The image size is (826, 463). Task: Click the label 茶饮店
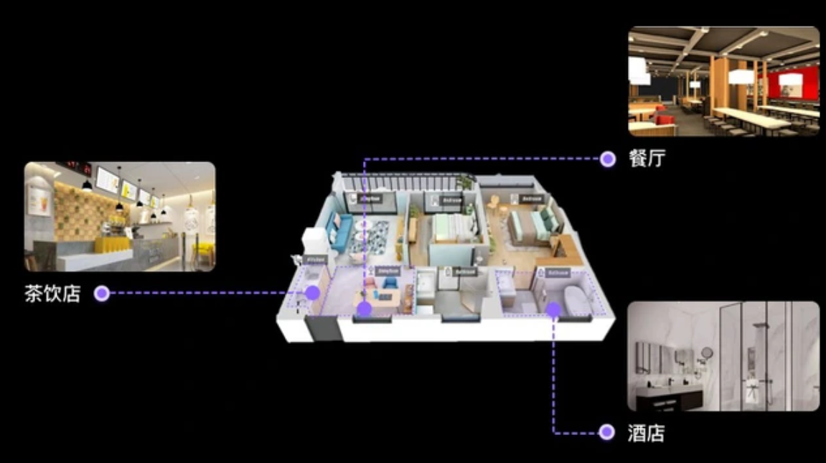point(52,294)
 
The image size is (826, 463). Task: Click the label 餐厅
point(647,159)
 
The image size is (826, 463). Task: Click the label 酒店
point(646,432)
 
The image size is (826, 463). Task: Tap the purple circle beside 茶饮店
point(102,294)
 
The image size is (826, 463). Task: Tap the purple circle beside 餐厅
point(608,159)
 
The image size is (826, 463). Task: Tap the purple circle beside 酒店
point(607,432)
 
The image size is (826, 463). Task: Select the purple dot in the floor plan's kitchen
point(312,292)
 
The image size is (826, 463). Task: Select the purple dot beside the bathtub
point(553,309)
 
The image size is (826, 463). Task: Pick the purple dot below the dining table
point(365,309)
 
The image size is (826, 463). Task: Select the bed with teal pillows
point(534,224)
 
